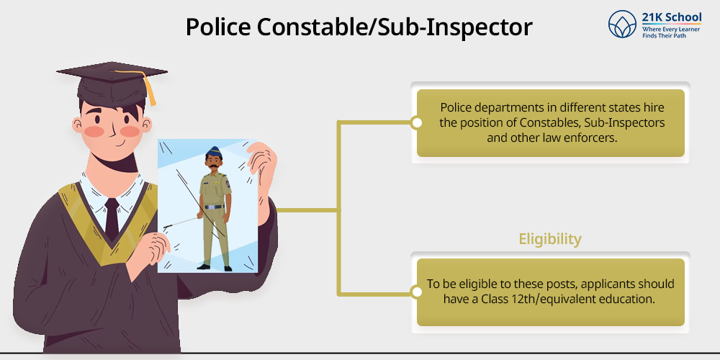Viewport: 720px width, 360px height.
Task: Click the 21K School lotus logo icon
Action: (622, 24)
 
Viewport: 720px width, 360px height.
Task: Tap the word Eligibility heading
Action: (550, 239)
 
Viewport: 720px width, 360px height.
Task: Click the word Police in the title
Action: (218, 27)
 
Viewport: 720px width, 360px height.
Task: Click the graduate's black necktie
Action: (112, 219)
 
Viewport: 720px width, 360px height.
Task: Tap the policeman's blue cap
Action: (214, 152)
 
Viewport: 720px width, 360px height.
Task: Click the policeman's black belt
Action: (214, 207)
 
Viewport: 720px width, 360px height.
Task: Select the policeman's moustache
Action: (214, 166)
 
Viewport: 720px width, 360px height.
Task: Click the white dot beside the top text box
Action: (417, 122)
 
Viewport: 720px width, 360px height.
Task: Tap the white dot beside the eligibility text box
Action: (417, 292)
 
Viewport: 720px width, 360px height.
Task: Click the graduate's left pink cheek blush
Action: (94, 131)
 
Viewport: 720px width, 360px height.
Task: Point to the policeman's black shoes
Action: (215, 267)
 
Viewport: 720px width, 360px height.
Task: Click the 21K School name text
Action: (671, 17)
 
